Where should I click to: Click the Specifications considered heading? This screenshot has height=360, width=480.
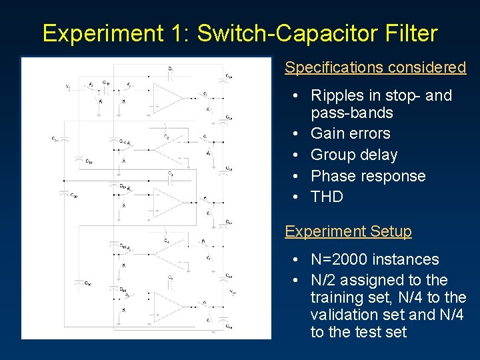click(375, 67)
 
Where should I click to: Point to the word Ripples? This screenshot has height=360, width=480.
click(337, 96)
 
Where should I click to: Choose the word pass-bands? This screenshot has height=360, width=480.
click(352, 113)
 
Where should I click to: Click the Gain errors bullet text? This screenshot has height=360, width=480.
click(351, 134)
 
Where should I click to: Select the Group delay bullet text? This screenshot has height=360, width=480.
click(354, 155)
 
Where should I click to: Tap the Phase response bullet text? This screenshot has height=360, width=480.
click(368, 177)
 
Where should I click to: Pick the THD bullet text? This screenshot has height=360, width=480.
click(327, 197)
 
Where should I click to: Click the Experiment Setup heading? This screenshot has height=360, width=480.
click(348, 232)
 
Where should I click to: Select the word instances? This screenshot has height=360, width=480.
click(407, 260)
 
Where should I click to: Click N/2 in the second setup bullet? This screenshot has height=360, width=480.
click(323, 281)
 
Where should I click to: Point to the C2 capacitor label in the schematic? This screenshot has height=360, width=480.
click(167, 136)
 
